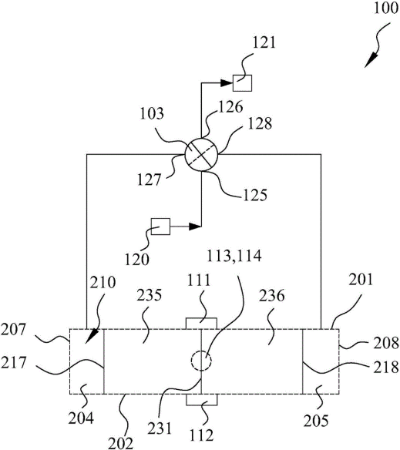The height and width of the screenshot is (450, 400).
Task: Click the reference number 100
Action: point(386,8)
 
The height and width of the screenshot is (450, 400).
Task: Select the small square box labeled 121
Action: point(242,83)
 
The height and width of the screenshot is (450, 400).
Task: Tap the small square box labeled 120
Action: point(160,227)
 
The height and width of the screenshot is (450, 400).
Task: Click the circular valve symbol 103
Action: point(201,155)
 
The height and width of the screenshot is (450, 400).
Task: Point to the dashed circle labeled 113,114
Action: point(201,361)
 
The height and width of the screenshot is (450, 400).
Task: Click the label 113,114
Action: point(234,256)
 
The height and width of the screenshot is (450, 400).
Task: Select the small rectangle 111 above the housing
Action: point(201,324)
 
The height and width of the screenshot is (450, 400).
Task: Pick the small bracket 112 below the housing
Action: point(202,399)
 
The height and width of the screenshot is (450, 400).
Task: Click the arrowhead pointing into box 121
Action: point(227,83)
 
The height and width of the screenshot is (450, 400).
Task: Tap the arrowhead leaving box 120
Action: point(195,227)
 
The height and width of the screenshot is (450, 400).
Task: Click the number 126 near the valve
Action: point(230,107)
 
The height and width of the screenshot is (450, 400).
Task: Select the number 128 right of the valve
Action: point(260,124)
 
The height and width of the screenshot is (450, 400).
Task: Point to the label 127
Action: point(149,180)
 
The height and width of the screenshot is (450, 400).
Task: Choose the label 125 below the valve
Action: point(255,195)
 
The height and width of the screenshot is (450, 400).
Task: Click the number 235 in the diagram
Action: point(149,295)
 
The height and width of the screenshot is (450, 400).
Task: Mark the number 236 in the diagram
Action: point(271,296)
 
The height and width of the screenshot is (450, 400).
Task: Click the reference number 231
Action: point(160,428)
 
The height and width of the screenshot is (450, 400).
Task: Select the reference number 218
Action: point(386,367)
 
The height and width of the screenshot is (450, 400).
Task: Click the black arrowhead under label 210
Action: point(92,336)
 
